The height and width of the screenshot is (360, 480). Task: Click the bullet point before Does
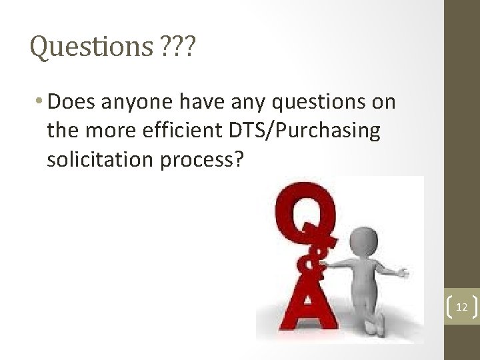coord(42,102)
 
